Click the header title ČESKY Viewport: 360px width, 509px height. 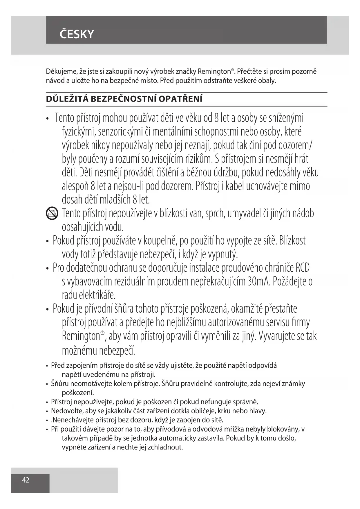point(77,34)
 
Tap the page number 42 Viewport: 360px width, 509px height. point(26,480)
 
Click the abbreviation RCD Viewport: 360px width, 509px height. point(302,268)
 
